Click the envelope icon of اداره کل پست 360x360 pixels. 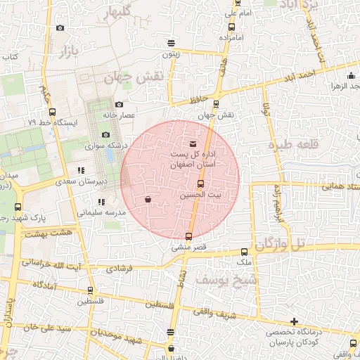click(x=193, y=144)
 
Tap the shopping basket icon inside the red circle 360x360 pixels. click(x=148, y=200)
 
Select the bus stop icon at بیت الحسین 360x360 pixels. click(x=201, y=184)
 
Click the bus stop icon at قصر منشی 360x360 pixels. click(x=188, y=236)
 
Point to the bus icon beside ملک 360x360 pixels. click(x=244, y=251)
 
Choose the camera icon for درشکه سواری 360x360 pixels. click(x=105, y=134)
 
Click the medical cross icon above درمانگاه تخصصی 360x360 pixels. click(x=294, y=321)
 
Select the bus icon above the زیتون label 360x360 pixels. click(x=172, y=43)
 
